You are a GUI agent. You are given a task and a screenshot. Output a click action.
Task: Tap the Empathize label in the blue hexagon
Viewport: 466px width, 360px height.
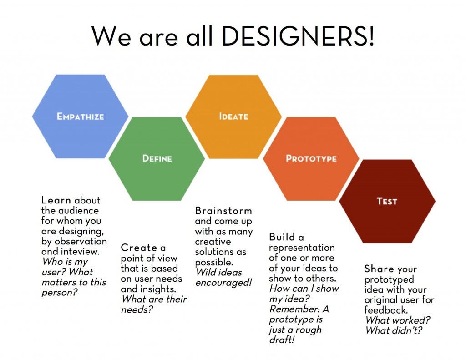click(80, 117)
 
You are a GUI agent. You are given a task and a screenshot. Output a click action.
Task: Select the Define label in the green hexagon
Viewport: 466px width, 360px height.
click(157, 158)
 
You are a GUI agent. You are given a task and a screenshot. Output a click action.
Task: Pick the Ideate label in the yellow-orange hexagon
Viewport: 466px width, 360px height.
click(233, 116)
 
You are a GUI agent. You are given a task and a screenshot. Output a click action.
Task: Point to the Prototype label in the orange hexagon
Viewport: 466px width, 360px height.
click(311, 158)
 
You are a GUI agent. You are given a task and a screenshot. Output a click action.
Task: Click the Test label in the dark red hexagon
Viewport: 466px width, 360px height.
click(387, 201)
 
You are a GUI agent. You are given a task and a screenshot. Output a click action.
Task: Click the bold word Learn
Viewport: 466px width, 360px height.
click(56, 200)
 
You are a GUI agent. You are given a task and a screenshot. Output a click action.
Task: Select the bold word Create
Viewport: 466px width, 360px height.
click(139, 248)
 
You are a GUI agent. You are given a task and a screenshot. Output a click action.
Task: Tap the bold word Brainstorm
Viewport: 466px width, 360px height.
click(223, 211)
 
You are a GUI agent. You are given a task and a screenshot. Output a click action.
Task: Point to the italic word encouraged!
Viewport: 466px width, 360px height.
click(223, 283)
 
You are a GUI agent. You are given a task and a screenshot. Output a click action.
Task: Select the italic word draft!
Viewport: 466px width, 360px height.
click(281, 340)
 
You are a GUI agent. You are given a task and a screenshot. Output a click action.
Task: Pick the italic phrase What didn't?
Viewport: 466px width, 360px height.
click(394, 330)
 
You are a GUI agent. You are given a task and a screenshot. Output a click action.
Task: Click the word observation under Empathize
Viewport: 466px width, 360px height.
click(81, 241)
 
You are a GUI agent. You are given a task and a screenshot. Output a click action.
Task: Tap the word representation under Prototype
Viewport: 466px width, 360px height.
click(302, 248)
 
